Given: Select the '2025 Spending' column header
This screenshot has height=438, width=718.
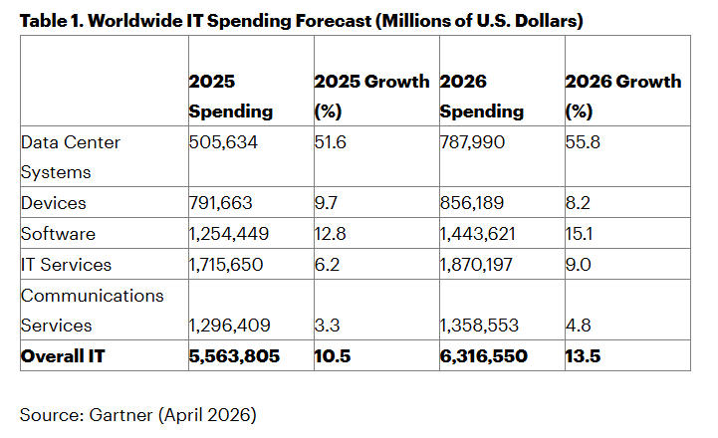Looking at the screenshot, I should (231, 97).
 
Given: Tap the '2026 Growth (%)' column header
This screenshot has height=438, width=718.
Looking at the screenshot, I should (622, 97).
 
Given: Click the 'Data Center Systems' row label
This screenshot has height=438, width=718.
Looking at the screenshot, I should (71, 156).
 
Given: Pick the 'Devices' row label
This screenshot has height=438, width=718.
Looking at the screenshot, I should (52, 203).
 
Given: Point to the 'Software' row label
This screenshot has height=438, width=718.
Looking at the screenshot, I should (56, 234).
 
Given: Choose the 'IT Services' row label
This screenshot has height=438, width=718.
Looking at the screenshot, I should (66, 265).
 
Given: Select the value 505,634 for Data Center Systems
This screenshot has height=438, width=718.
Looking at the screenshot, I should (223, 142).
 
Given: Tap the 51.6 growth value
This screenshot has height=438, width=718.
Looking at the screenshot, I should (332, 142).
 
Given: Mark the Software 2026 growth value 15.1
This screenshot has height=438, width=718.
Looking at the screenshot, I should (580, 234).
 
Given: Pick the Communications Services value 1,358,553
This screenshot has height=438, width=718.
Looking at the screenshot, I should (485, 325).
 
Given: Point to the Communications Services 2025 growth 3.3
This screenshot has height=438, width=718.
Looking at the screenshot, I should (327, 325).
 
